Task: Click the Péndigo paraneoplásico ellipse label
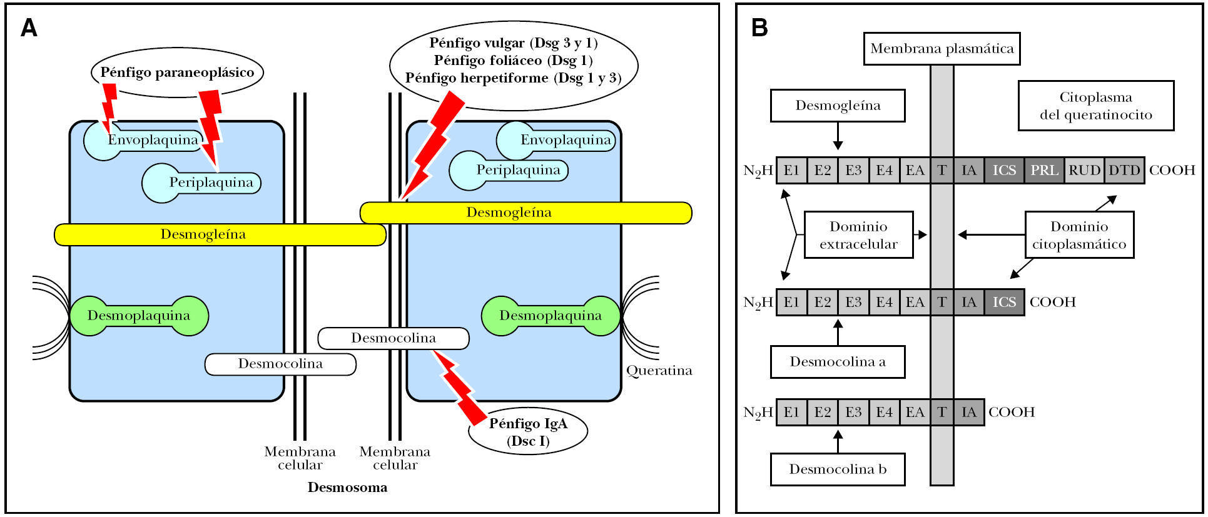[x=177, y=73]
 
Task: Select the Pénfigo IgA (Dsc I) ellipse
[x=528, y=432]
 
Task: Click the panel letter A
[x=29, y=28]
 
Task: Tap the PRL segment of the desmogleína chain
[x=1044, y=170]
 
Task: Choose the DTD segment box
[x=1124, y=170]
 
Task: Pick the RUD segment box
[x=1084, y=170]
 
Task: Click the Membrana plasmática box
[x=942, y=49]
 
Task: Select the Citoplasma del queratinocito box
[x=1095, y=106]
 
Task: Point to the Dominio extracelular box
[x=858, y=235]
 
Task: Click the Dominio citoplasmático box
[x=1079, y=235]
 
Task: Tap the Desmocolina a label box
[x=838, y=362]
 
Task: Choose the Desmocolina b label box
[x=838, y=469]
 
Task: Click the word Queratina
[x=659, y=371]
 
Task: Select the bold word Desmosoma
[x=347, y=488]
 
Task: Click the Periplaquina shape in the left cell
[x=202, y=183]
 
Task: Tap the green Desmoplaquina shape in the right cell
[x=551, y=316]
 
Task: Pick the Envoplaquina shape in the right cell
[x=556, y=141]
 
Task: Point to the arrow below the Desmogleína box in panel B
[x=838, y=136]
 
